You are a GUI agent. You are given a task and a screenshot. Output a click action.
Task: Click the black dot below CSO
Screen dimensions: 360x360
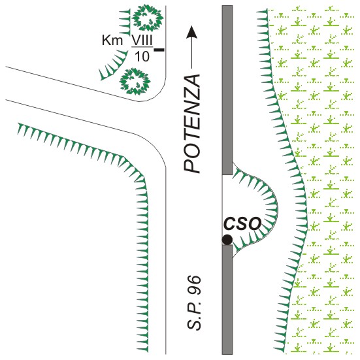[227, 240]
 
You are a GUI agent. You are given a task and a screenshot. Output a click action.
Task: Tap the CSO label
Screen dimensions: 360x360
[242, 223]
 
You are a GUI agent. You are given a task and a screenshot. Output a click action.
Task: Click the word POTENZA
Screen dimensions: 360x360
[192, 123]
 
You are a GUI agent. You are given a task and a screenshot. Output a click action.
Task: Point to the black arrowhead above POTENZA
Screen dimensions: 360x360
[191, 31]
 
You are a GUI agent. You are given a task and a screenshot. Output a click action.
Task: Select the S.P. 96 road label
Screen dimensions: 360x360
[194, 303]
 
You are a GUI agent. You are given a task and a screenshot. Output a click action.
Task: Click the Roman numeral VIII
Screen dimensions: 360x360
[142, 40]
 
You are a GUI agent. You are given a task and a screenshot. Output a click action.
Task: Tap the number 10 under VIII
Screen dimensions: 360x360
[142, 56]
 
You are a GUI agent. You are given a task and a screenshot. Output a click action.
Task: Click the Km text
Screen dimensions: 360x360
[112, 41]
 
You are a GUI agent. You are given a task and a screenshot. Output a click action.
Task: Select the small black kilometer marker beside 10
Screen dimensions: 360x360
[159, 50]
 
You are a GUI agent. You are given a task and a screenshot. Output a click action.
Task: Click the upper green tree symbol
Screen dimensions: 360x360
[148, 18]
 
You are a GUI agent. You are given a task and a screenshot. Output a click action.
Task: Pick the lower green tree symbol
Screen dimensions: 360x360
[135, 81]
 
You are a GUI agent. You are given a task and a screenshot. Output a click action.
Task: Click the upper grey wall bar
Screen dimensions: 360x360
[227, 90]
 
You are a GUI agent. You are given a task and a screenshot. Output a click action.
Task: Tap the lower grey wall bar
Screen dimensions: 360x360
[227, 300]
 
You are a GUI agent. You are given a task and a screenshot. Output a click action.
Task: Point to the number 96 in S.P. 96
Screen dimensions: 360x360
[194, 285]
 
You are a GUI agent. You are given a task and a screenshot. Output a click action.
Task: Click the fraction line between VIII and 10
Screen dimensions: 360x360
[142, 47]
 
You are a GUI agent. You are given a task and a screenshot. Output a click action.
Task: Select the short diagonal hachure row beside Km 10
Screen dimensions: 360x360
[113, 65]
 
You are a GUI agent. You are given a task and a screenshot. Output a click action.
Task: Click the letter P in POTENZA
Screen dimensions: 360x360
[192, 166]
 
